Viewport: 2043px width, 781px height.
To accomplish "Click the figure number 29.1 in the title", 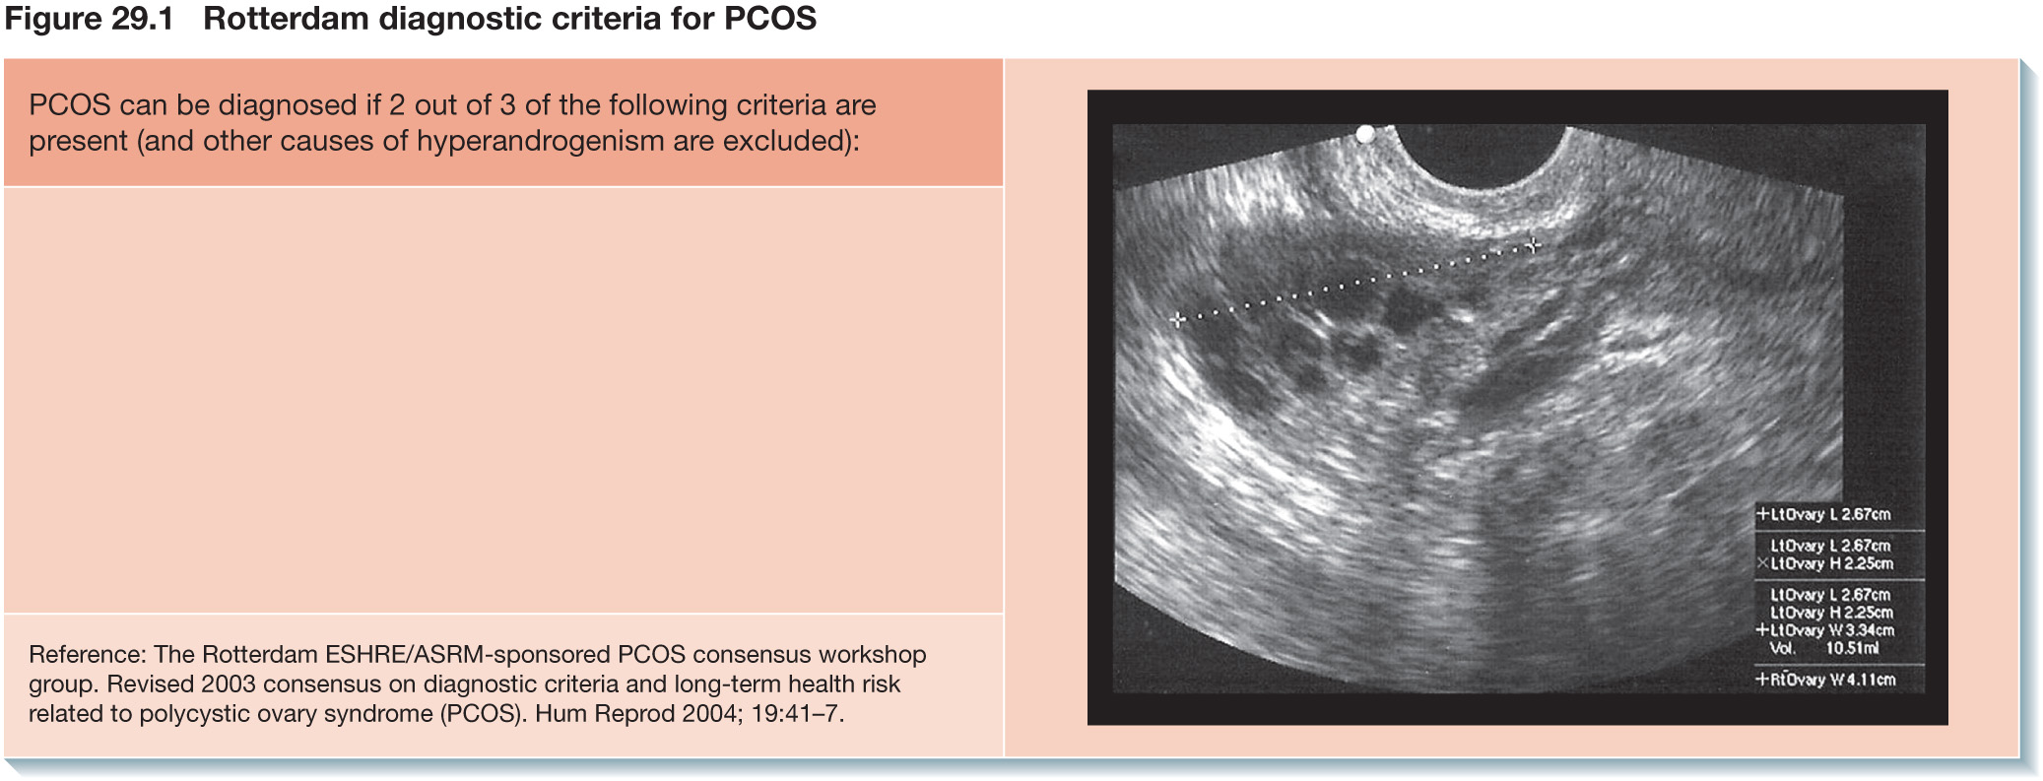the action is pyautogui.click(x=136, y=19).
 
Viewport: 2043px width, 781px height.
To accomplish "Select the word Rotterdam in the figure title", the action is pyautogui.click(x=286, y=19).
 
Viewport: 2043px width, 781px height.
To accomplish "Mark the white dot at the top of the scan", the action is pyautogui.click(x=1365, y=134).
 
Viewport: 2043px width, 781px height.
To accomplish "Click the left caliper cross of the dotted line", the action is pyautogui.click(x=1177, y=319).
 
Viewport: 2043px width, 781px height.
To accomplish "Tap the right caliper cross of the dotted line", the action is pyautogui.click(x=1533, y=244).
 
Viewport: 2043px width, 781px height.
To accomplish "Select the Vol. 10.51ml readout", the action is pyautogui.click(x=1824, y=648).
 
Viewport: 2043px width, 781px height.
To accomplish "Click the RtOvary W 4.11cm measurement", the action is pyautogui.click(x=1825, y=680).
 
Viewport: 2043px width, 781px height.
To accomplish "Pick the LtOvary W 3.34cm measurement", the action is pyautogui.click(x=1825, y=630).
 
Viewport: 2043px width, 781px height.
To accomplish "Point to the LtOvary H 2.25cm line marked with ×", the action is pyautogui.click(x=1825, y=563).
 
